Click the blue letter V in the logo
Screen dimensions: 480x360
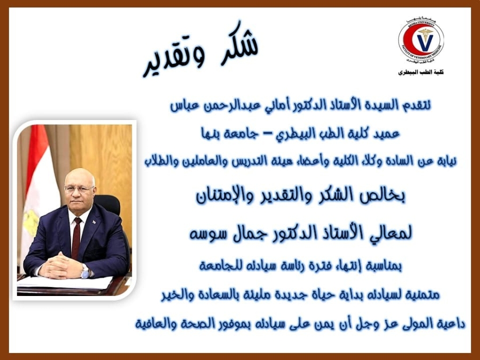425,42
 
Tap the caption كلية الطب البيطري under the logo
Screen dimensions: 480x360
421,72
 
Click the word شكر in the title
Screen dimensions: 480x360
239,43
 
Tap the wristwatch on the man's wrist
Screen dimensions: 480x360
85,272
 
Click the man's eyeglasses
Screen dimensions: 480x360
79,189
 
